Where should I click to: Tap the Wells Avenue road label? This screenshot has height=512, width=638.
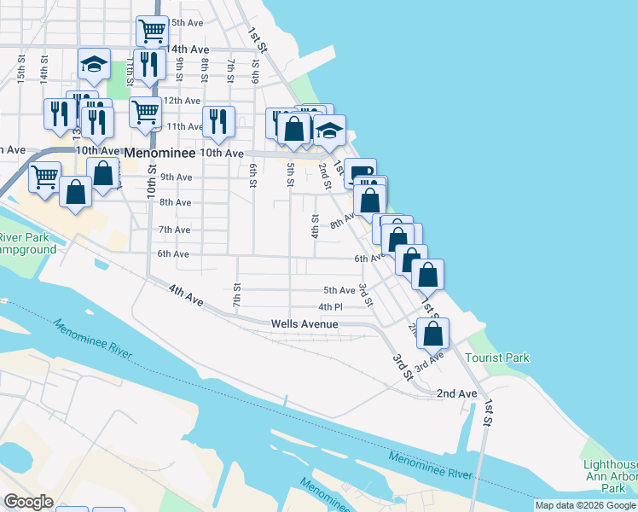304,324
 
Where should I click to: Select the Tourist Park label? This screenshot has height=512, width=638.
497,358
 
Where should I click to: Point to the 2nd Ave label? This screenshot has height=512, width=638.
456,393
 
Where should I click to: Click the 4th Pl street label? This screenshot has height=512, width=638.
330,307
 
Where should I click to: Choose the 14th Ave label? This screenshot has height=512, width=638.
188,49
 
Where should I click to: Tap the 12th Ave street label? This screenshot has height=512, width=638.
182,101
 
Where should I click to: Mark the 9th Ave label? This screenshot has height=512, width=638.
176,177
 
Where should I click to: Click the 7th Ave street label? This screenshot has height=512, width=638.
174,230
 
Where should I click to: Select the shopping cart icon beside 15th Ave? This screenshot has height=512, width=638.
151,31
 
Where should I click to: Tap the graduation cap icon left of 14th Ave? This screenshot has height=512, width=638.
94,63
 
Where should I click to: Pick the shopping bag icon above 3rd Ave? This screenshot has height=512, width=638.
434,334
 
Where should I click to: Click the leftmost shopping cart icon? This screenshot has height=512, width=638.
44,176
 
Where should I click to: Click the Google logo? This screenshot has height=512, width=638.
29,502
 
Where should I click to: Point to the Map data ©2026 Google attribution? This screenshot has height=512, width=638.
585,505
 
